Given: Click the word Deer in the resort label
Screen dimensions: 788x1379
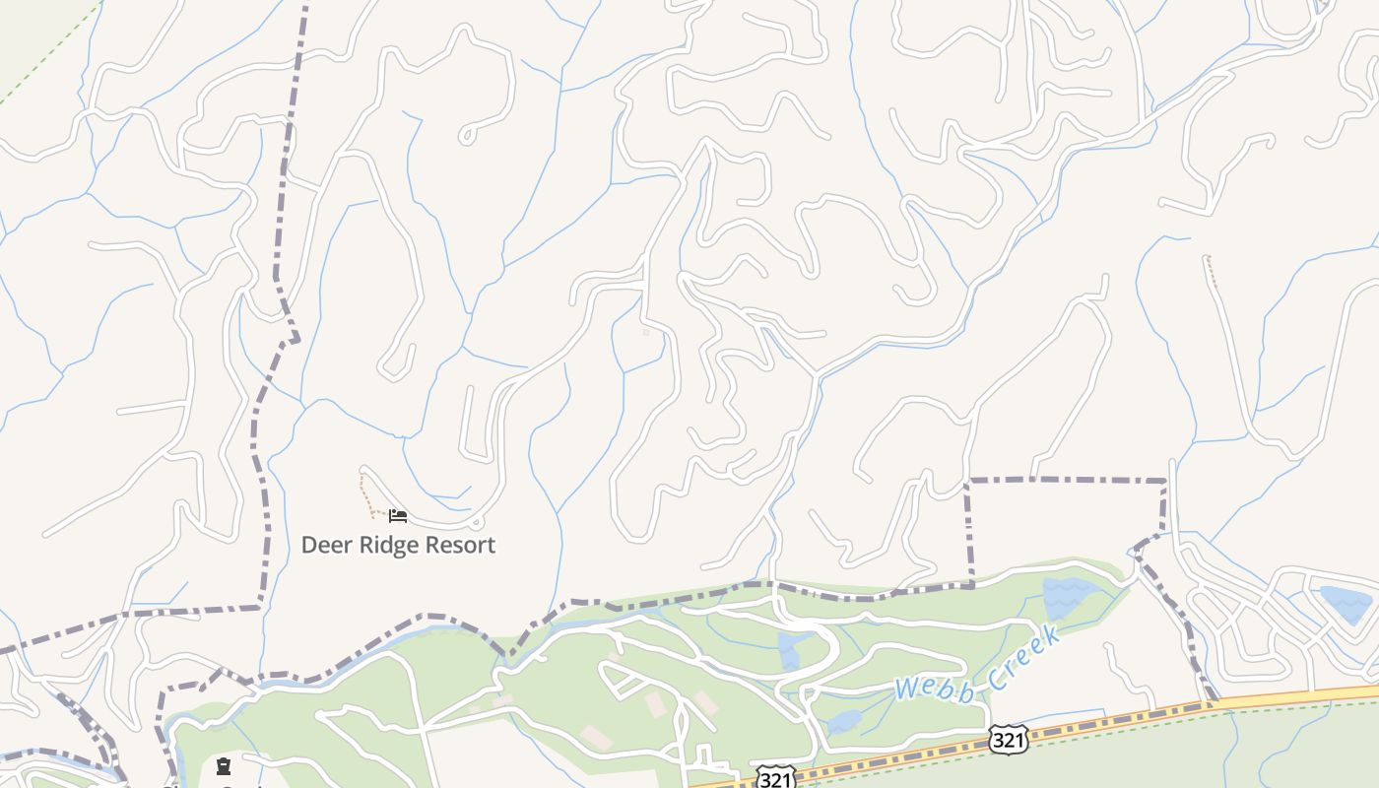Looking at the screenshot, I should click(324, 545).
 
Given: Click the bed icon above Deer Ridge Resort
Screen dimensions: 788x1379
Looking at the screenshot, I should click(397, 515).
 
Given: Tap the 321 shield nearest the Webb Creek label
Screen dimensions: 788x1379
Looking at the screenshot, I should click(1007, 740).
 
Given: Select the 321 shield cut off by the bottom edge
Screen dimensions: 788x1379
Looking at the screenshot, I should click(775, 779).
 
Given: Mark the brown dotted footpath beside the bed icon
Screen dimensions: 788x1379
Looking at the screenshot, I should click(366, 495).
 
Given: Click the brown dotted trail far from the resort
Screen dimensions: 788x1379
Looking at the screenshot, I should click(1211, 271).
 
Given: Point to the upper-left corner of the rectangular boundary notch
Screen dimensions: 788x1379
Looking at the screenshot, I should click(968, 482).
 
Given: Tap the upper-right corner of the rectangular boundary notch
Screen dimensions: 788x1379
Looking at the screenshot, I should click(1165, 482).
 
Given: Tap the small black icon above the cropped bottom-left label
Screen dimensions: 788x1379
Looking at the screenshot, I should click(224, 765).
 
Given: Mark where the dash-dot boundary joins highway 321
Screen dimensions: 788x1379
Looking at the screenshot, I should click(1215, 702).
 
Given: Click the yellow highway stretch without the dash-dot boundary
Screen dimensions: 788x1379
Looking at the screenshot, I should click(1300, 694).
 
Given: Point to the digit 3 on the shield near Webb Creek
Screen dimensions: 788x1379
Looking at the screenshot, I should click(999, 740).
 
